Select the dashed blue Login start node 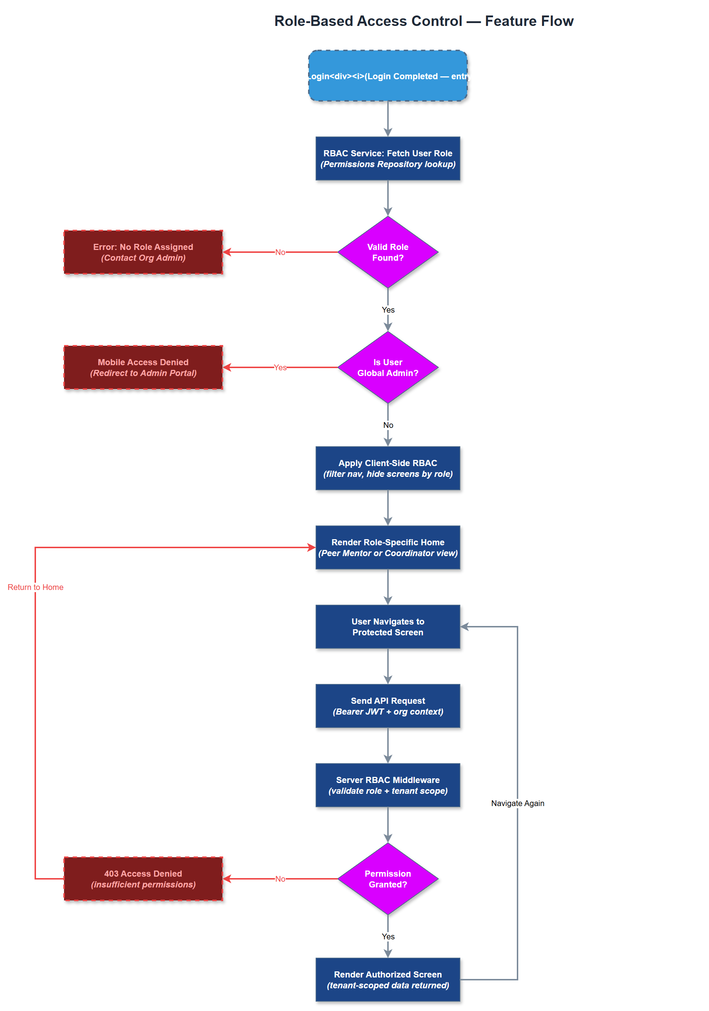[387, 76]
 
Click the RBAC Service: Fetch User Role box [387, 158]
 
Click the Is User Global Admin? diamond [387, 367]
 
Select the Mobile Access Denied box [143, 367]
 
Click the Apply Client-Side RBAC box [387, 468]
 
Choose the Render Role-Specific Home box [387, 547]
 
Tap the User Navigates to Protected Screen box [387, 627]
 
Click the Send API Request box [387, 706]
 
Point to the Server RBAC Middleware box [387, 785]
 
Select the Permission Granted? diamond [387, 879]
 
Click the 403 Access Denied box [143, 879]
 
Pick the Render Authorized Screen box [387, 980]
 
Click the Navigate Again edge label [518, 803]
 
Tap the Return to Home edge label [35, 587]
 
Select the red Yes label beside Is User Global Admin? [280, 367]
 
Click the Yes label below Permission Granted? [388, 936]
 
